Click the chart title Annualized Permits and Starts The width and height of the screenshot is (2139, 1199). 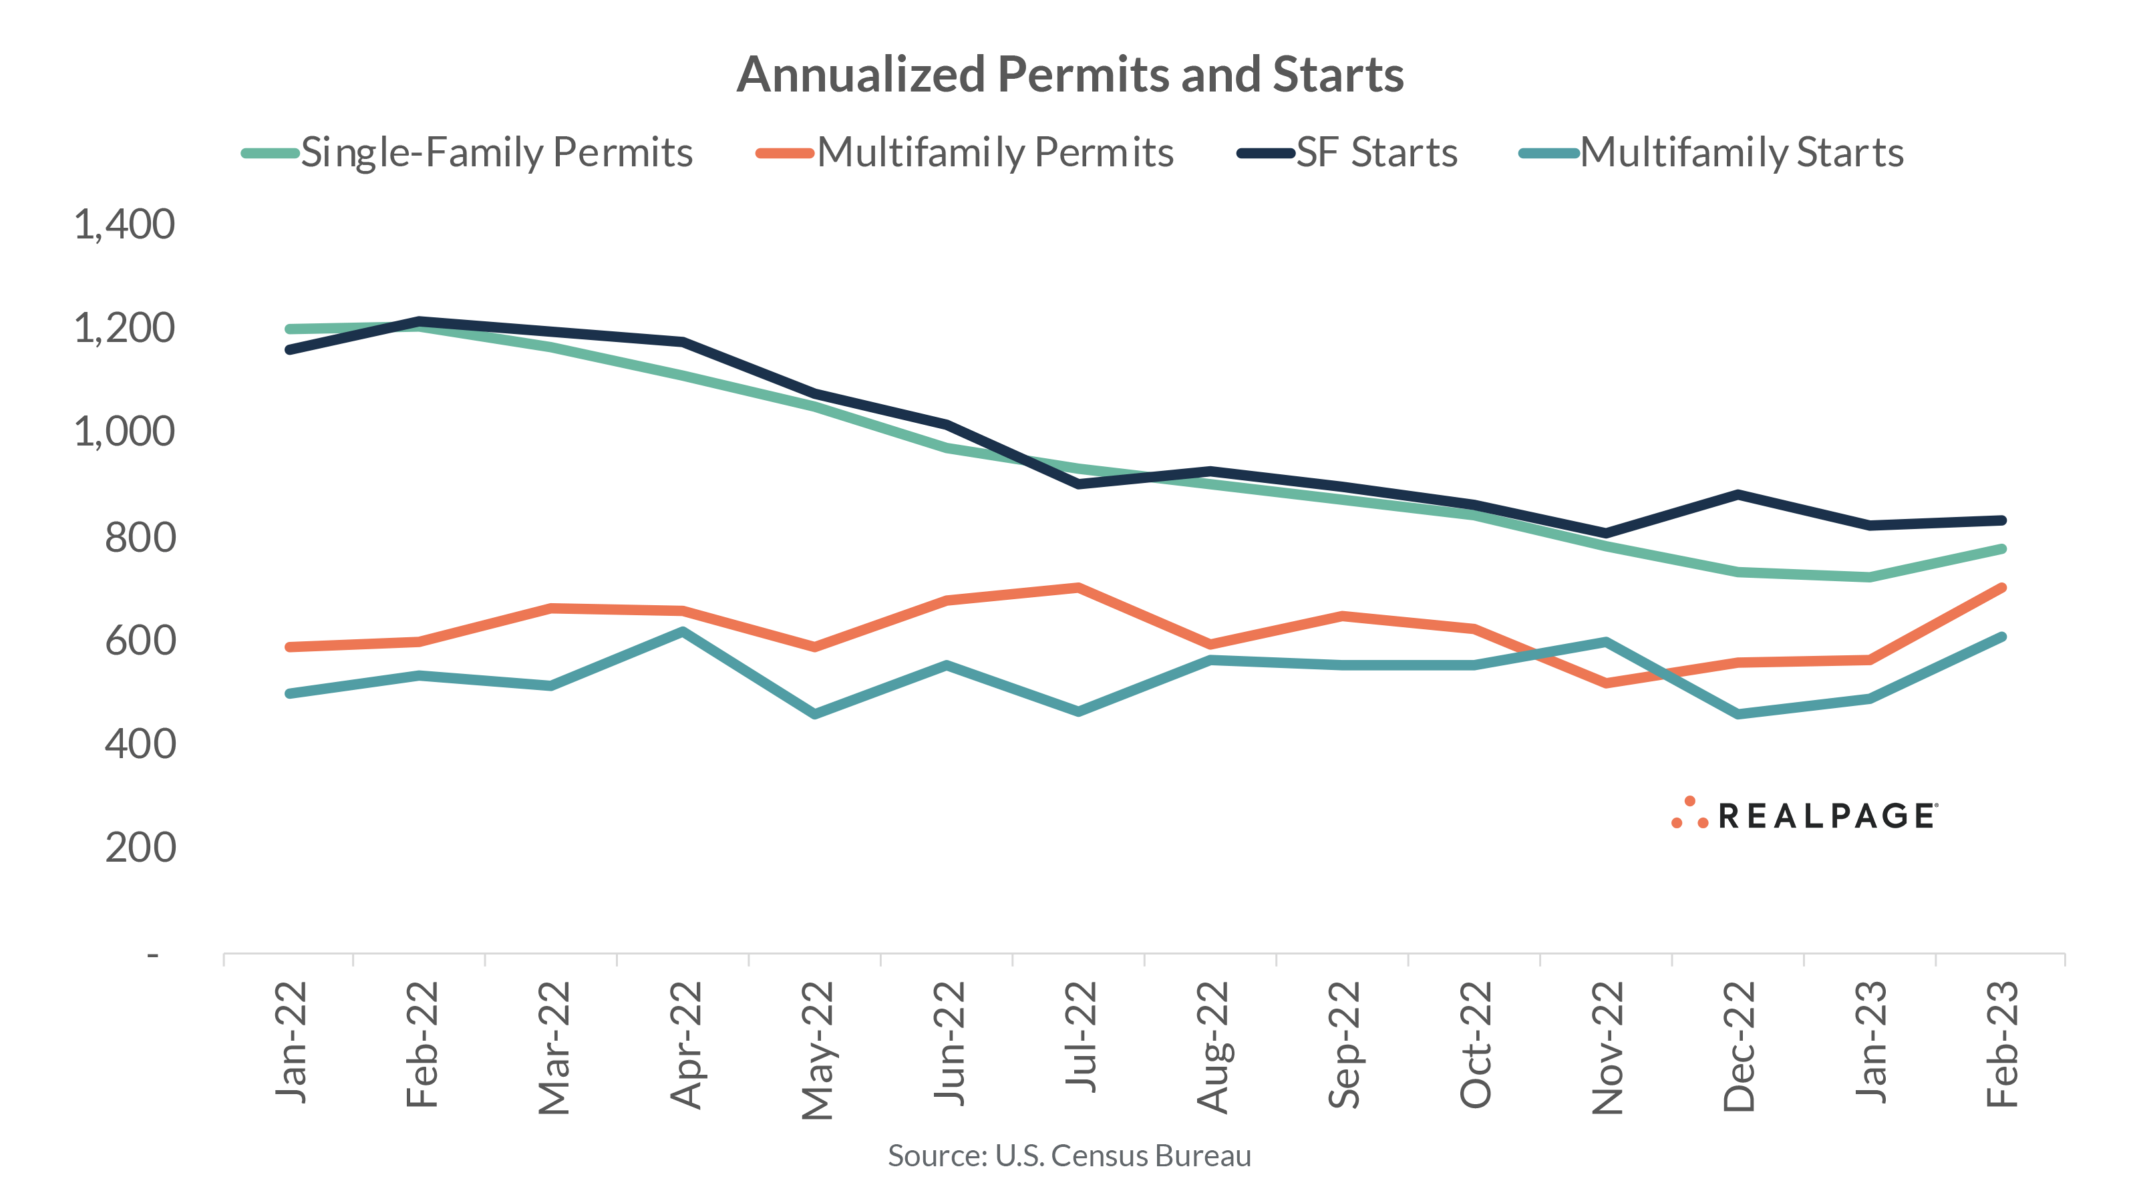(x=1069, y=75)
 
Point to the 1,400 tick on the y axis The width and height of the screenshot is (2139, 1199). (x=124, y=225)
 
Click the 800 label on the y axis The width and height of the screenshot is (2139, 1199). (x=140, y=537)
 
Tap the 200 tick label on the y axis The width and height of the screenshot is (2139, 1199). (x=140, y=848)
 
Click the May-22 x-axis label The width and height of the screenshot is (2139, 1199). (x=818, y=1049)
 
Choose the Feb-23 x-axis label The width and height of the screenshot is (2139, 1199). (x=2003, y=1044)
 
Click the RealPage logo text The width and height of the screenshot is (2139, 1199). (x=1826, y=816)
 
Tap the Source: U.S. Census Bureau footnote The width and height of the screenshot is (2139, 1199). (x=1069, y=1156)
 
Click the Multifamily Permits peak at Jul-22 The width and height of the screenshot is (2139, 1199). (x=1077, y=588)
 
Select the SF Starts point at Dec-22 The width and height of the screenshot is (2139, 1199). (x=1738, y=495)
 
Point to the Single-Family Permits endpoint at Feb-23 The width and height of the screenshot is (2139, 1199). (x=2001, y=549)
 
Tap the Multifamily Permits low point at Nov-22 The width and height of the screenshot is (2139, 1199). (x=1606, y=683)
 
